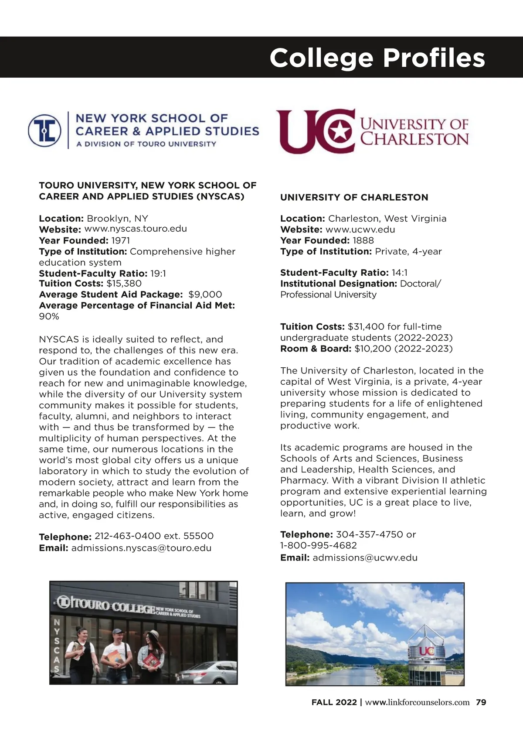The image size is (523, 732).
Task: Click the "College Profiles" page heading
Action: [377, 58]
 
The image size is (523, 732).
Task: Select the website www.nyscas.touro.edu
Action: [136, 229]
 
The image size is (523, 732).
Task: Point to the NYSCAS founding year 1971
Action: [121, 240]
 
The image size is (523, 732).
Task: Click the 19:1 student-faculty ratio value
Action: [158, 274]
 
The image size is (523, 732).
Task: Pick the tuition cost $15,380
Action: [124, 284]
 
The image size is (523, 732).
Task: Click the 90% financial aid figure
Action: [49, 316]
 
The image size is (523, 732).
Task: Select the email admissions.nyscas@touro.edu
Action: [141, 548]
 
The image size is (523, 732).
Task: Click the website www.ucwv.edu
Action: [360, 229]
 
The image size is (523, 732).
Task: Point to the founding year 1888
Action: [363, 240]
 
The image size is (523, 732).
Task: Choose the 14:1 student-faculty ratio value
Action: [400, 273]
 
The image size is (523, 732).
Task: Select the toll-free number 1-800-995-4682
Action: [319, 545]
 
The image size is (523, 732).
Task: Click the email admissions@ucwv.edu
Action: [365, 558]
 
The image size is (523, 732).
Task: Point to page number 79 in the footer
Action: [481, 702]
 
